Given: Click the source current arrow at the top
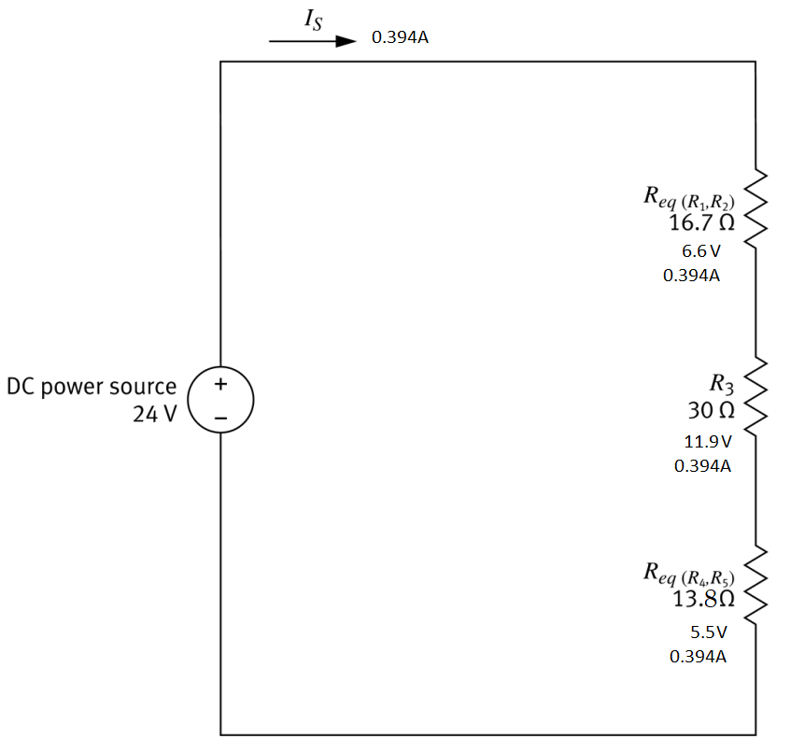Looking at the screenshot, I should coord(312,42).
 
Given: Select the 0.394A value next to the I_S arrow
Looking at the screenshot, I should coord(400,38).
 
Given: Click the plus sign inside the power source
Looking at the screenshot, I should coord(221,384).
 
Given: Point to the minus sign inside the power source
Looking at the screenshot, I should coord(221,418).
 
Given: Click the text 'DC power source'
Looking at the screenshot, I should coord(92,386).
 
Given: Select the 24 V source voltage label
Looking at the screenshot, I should coord(154,414).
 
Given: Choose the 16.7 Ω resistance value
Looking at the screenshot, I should coord(701,223).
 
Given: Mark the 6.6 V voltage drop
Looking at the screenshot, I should coord(701,251).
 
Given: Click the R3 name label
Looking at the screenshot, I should coord(722,383).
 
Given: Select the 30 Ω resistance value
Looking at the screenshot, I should coord(710,410).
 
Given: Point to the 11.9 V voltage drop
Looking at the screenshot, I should coord(707,441).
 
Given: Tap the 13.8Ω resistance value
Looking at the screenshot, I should coord(703,599).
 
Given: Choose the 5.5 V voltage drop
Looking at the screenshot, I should coord(708,632).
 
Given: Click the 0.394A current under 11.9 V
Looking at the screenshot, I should coord(702,465).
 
